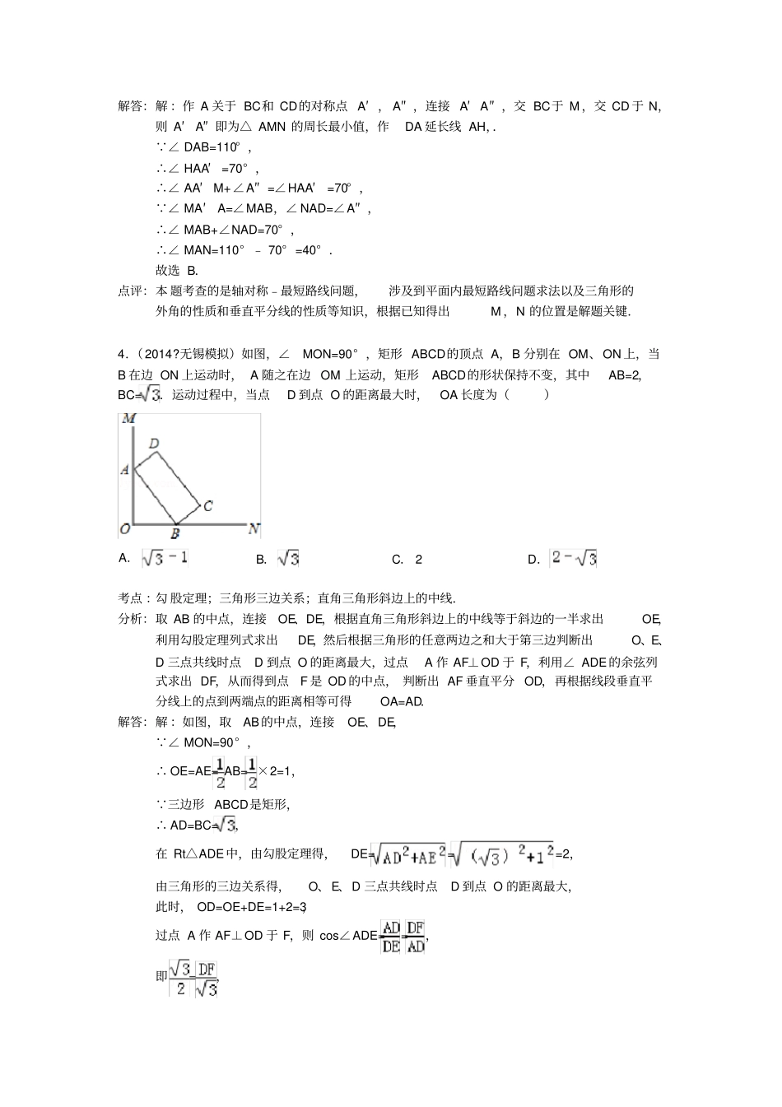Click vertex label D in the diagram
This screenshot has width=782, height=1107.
pos(154,444)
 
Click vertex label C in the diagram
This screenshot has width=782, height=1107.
pos(207,505)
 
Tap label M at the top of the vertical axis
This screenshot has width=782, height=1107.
pos(128,419)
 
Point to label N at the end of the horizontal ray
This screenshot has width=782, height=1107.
pos(254,528)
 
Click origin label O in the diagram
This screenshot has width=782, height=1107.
pos(125,528)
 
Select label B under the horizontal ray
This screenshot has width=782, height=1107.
pos(175,534)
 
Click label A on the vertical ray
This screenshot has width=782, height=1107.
pos(125,469)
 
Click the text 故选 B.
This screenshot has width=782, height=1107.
pos(177,270)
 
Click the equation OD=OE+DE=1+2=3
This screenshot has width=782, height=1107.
pos(251,907)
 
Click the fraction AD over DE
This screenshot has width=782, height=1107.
pos(391,936)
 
